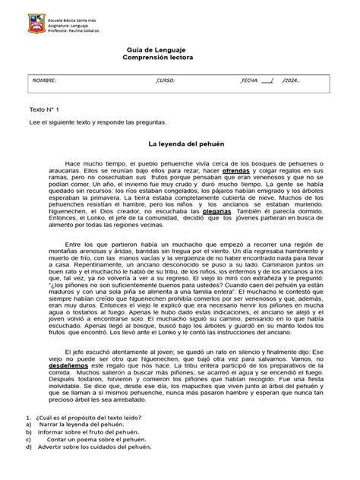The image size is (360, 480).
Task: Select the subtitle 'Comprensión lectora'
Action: click(x=179, y=58)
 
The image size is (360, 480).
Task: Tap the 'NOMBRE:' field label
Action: click(x=43, y=80)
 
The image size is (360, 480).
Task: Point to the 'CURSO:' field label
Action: click(x=165, y=80)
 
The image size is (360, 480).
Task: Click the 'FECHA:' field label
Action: click(x=250, y=80)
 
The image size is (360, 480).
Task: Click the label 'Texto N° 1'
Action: click(x=43, y=109)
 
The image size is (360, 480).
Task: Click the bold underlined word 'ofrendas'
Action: click(x=237, y=171)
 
